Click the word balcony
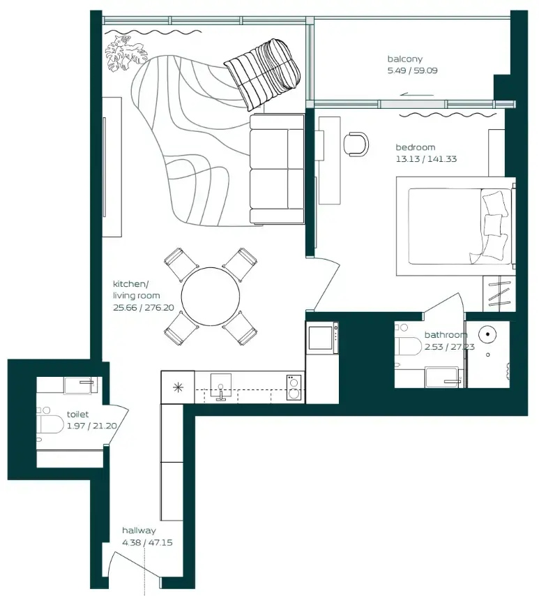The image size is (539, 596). [405, 59]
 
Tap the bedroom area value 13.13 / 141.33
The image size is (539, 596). [426, 159]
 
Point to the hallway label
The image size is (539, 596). [139, 530]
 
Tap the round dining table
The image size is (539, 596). [210, 296]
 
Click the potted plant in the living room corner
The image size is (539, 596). [125, 54]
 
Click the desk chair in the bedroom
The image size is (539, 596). [356, 142]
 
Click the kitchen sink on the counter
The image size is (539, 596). [222, 388]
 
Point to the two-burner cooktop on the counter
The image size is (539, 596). [294, 387]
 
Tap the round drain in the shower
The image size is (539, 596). [487, 334]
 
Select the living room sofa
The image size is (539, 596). [277, 170]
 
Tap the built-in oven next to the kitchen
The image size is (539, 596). [322, 338]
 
